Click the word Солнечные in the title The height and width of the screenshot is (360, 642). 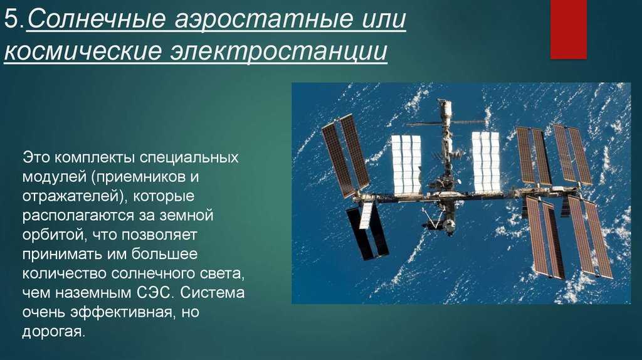[x=97, y=19]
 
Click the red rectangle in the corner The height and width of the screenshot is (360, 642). [x=568, y=29]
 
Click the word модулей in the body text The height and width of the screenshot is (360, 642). [x=54, y=177]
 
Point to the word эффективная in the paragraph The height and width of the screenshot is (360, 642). [x=121, y=312]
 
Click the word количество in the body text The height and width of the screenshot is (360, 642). [x=65, y=273]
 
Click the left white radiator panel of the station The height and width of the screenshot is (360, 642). [x=406, y=164]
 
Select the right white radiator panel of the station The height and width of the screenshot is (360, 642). [x=486, y=162]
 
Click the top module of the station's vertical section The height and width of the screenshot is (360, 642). [x=444, y=109]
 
